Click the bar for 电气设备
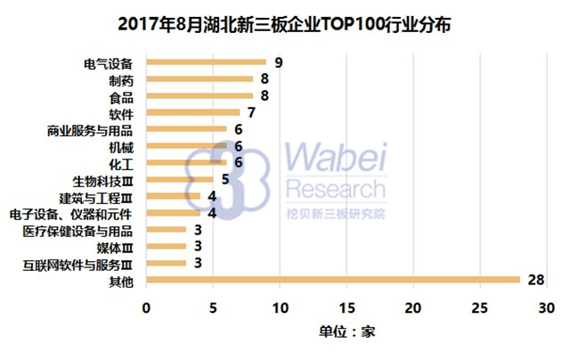pyautogui.click(x=206, y=61)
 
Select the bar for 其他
pyautogui.click(x=332, y=281)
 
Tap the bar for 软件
pyautogui.click(x=192, y=112)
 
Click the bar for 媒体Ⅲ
pyautogui.click(x=166, y=247)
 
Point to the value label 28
pyautogui.click(x=535, y=281)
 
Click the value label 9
pyautogui.click(x=279, y=62)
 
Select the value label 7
pyautogui.click(x=252, y=112)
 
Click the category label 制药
pyautogui.click(x=120, y=79)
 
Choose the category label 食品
pyautogui.click(x=120, y=96)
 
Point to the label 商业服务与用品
pyautogui.click(x=89, y=129)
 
